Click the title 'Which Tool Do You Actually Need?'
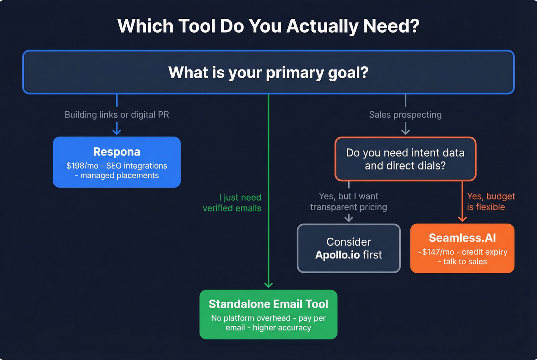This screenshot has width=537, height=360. pyautogui.click(x=268, y=26)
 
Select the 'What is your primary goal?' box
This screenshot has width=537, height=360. pyautogui.click(x=268, y=72)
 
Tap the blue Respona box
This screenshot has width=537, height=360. pyautogui.click(x=117, y=162)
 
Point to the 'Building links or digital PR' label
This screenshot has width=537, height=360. pyautogui.click(x=117, y=115)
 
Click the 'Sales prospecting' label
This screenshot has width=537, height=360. pyautogui.click(x=405, y=115)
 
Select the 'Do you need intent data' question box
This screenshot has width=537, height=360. pyautogui.click(x=405, y=159)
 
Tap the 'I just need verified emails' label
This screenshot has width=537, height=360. pyautogui.click(x=232, y=203)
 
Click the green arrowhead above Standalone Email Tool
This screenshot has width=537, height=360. pyautogui.click(x=268, y=285)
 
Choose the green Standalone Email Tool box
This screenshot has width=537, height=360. pyautogui.click(x=268, y=314)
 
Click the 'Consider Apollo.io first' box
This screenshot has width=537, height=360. pyautogui.click(x=349, y=248)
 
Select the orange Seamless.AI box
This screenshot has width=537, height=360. pyautogui.click(x=462, y=248)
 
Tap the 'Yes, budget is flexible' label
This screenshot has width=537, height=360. pyautogui.click(x=490, y=202)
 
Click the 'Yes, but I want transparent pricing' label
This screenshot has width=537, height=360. pyautogui.click(x=348, y=202)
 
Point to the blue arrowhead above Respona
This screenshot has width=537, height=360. pyautogui.click(x=117, y=132)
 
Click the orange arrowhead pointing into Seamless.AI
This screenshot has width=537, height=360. pyautogui.click(x=462, y=219)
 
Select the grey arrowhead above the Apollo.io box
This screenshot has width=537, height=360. pyautogui.click(x=349, y=219)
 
